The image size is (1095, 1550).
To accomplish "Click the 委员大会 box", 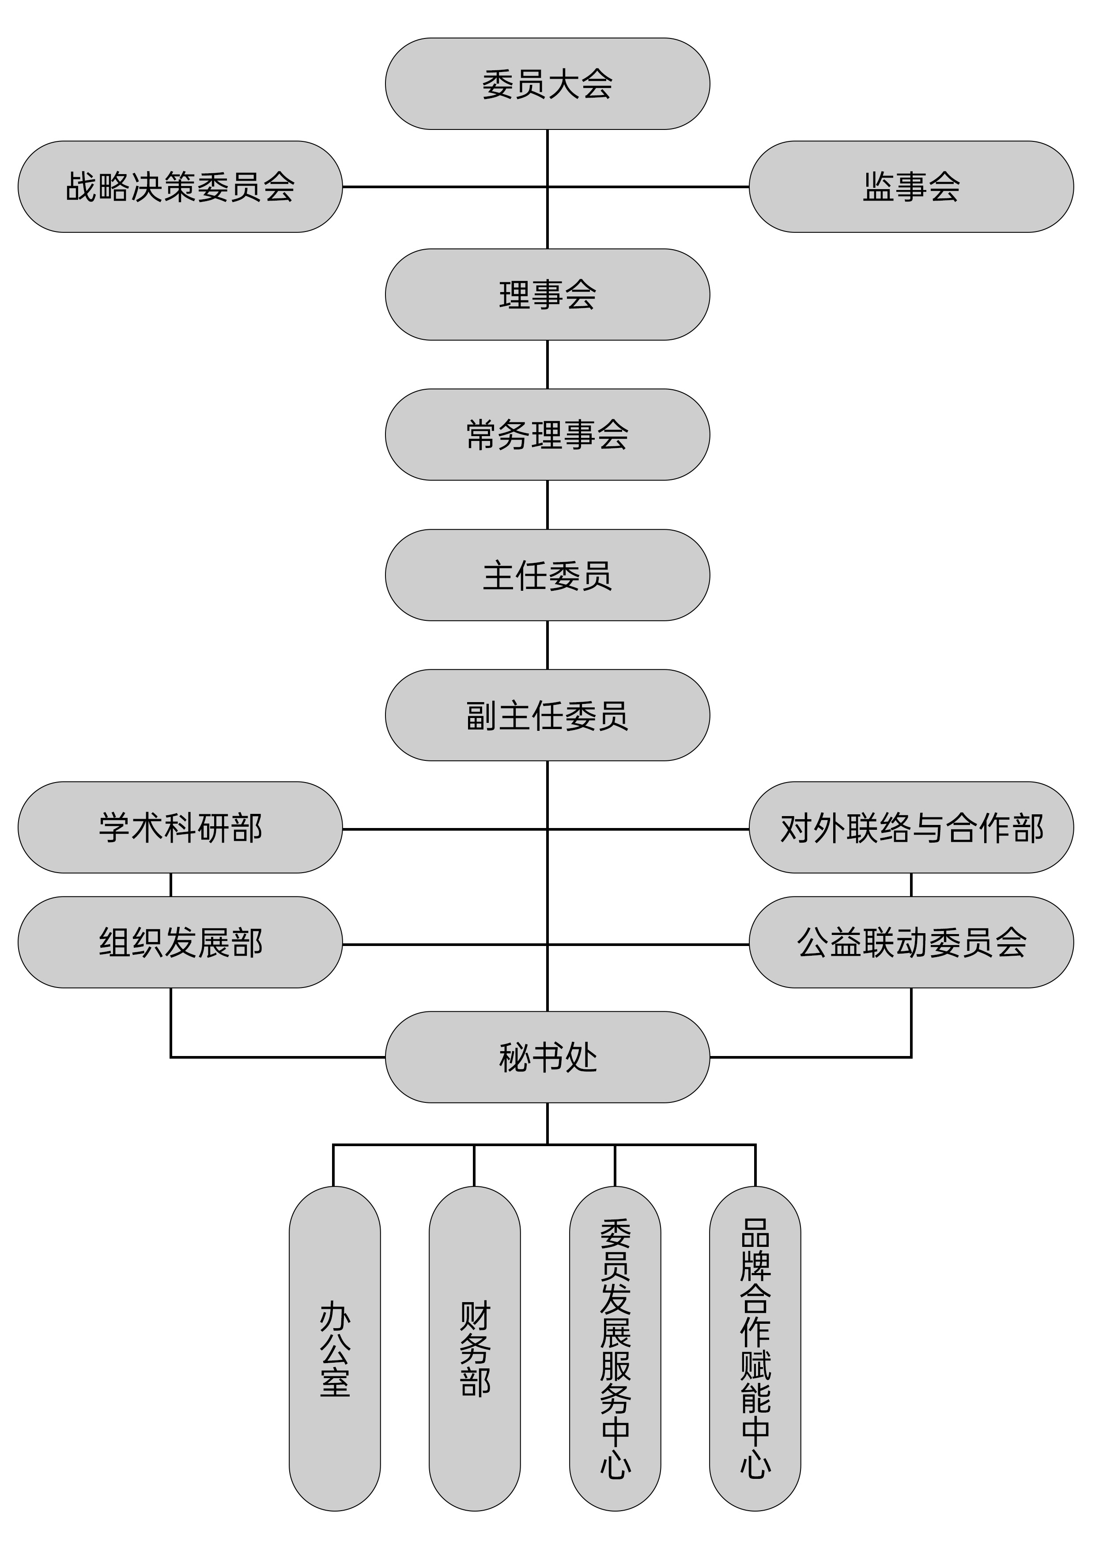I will click(x=547, y=84).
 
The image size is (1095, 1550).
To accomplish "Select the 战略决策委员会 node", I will click(x=180, y=187).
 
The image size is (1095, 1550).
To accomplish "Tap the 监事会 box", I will click(x=911, y=187).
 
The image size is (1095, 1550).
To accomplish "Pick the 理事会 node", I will click(x=547, y=294).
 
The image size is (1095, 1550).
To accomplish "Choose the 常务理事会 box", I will click(x=547, y=434).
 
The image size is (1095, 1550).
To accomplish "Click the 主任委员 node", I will click(x=547, y=575).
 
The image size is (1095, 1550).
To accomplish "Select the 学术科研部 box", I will click(x=180, y=828).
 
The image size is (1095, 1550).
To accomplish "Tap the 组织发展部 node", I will click(x=180, y=942).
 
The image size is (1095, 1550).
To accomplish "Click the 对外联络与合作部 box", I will click(x=911, y=828).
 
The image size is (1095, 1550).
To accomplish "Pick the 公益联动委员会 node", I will click(x=911, y=942).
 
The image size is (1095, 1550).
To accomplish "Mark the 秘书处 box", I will click(x=547, y=1057).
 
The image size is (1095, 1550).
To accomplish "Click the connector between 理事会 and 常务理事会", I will click(x=547, y=365).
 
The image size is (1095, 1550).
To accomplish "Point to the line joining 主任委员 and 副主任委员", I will click(x=547, y=645).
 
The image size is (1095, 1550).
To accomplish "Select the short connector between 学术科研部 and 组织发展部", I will click(x=171, y=885).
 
